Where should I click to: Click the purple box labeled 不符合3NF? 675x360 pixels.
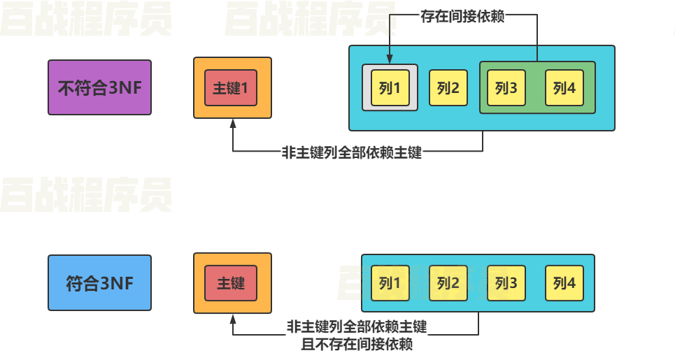click(x=99, y=87)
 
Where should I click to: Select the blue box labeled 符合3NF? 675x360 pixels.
click(x=99, y=283)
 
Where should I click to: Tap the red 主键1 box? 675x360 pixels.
click(x=231, y=88)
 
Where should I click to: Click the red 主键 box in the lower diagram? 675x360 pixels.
click(x=231, y=283)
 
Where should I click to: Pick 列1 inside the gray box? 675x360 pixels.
click(x=389, y=88)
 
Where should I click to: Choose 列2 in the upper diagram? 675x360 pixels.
click(x=448, y=88)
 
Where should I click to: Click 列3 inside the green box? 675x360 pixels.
click(x=506, y=88)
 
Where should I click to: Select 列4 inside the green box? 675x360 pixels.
click(x=564, y=88)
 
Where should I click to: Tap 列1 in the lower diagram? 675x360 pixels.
click(x=389, y=283)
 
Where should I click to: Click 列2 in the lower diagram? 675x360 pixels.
click(x=448, y=283)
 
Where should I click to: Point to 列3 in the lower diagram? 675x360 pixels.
click(x=506, y=283)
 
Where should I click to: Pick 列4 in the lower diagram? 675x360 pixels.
click(x=564, y=283)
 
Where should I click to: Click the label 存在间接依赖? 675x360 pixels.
click(x=462, y=15)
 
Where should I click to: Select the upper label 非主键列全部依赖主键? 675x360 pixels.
click(x=352, y=152)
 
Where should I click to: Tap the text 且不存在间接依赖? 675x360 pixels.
click(x=357, y=345)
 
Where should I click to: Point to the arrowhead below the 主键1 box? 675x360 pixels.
click(x=233, y=124)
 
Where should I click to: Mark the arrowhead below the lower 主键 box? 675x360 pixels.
click(x=233, y=318)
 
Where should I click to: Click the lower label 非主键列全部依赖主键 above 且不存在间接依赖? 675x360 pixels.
click(x=357, y=326)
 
